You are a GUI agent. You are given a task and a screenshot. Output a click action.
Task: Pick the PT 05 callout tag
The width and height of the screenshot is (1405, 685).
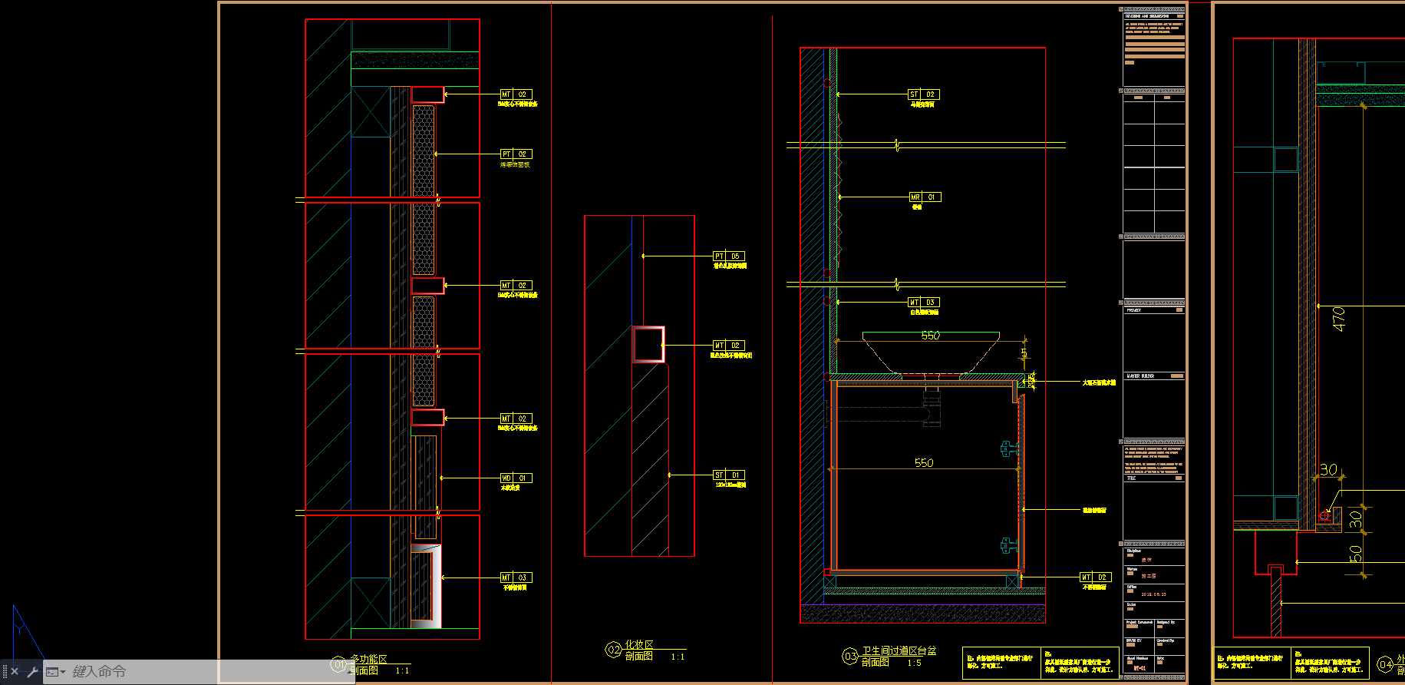[x=728, y=256]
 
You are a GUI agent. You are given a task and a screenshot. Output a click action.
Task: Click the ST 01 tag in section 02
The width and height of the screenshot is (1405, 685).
[x=728, y=475]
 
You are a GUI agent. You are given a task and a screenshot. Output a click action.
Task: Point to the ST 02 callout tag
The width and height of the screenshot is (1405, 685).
[x=923, y=94]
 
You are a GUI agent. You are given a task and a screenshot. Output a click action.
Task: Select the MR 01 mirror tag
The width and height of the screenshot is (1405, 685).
[x=924, y=197]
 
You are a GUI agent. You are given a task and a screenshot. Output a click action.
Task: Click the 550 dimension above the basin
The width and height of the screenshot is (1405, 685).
[x=930, y=336]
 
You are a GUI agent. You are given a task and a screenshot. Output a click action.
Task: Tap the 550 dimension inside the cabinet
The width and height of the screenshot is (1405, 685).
[x=924, y=463]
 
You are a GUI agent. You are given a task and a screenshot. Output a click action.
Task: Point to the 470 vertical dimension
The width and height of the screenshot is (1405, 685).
[x=1339, y=319]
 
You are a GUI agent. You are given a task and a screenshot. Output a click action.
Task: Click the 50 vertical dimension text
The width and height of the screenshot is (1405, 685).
[x=1356, y=553]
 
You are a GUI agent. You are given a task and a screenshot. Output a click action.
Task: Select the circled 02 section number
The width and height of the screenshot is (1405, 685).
[x=614, y=650]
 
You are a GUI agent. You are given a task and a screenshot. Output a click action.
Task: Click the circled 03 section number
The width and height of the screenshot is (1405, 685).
[x=850, y=657]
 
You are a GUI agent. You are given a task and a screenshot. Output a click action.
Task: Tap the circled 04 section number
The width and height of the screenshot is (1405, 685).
[x=1385, y=664]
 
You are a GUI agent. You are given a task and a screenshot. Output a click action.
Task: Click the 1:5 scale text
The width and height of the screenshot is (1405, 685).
[x=914, y=663]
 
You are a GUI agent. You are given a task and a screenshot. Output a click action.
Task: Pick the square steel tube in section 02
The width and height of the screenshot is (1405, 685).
[x=648, y=344]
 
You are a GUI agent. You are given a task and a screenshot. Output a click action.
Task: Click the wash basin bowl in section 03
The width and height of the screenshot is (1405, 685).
[x=930, y=353]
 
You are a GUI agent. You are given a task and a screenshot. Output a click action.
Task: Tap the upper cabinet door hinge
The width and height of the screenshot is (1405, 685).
[x=1008, y=449]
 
